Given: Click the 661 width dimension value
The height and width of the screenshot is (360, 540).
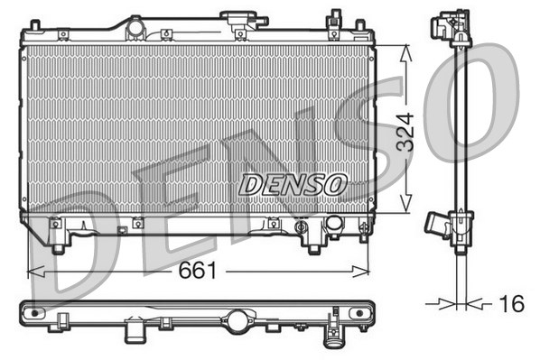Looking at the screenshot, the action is click(198, 270).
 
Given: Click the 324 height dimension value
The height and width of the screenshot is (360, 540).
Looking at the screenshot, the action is click(405, 132).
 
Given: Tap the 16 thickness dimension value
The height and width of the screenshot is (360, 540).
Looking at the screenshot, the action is click(511, 303).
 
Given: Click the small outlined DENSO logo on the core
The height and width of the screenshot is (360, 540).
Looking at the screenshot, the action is click(293, 185).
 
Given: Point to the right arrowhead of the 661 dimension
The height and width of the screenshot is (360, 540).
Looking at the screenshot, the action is click(360, 272).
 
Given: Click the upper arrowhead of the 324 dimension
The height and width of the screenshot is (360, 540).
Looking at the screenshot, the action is click(406, 54).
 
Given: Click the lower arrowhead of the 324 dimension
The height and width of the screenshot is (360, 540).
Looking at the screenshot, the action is click(406, 203).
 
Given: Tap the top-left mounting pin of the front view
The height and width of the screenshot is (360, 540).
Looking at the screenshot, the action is click(35, 25).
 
